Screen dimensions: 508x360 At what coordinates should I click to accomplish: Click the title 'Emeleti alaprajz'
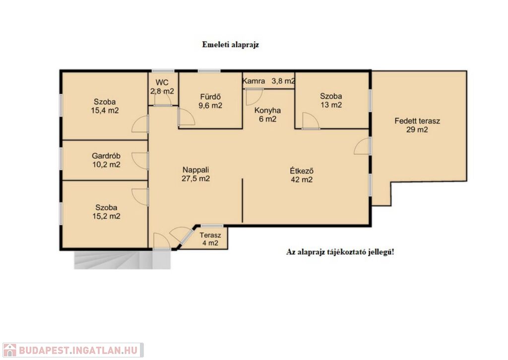230,45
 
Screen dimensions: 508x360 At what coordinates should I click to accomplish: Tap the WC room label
162,86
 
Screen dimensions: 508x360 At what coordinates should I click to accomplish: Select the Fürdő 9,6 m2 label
210,101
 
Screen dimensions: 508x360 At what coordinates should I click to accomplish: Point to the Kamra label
254,81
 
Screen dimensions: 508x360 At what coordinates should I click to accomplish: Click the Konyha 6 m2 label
267,115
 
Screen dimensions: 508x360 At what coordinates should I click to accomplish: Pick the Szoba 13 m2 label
331,100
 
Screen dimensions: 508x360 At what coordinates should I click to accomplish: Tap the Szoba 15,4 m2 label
105,106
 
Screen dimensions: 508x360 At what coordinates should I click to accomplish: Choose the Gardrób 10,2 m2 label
106,160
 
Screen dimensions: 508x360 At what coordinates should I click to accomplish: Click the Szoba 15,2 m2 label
106,212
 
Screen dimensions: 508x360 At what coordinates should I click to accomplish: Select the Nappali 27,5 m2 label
195,174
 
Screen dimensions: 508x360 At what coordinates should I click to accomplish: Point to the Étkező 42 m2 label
302,175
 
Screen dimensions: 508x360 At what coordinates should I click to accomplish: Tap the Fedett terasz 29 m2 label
417,126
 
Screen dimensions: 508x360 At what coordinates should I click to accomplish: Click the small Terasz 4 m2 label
210,239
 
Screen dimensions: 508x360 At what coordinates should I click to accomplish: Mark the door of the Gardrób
140,161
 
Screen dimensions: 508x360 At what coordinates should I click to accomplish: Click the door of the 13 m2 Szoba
311,121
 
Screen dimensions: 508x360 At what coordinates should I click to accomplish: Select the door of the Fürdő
187,117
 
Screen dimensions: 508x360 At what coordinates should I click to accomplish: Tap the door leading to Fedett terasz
363,145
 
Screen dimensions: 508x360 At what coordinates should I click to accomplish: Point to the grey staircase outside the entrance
123,260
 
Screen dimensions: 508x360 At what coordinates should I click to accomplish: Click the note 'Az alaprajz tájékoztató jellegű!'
340,252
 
